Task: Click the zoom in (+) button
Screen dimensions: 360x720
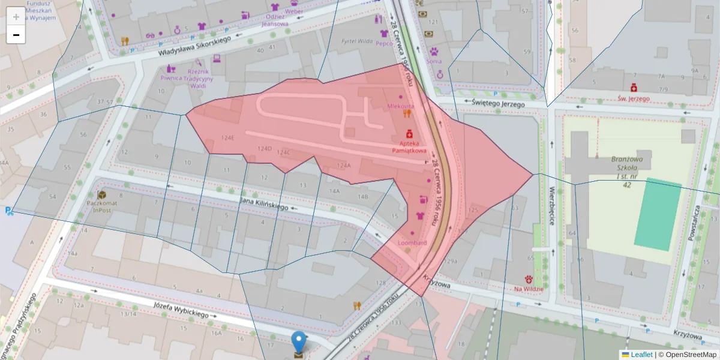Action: (x=16, y=16)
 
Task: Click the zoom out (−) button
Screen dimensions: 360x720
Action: (x=16, y=35)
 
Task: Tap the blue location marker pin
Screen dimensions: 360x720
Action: (x=298, y=343)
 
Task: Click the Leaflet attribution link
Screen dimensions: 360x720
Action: (x=641, y=355)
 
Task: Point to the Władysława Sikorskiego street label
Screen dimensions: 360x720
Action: (x=195, y=46)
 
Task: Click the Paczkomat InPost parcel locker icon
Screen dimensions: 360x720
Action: (x=102, y=195)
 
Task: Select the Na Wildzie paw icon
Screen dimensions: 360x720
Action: (x=529, y=279)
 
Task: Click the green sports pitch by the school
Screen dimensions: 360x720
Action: (x=658, y=214)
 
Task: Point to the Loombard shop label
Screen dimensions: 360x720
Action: (x=412, y=243)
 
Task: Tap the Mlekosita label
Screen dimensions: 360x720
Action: (x=401, y=106)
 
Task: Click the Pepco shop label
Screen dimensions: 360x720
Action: (x=384, y=43)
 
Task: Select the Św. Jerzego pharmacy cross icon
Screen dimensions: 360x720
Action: (x=634, y=88)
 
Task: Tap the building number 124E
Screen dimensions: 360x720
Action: (x=227, y=137)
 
